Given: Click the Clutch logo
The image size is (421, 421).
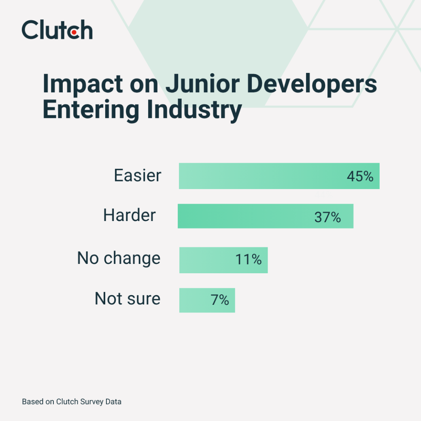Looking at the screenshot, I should click(57, 30).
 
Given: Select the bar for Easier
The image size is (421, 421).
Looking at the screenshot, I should click(279, 176).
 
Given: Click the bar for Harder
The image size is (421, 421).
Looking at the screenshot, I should click(265, 216).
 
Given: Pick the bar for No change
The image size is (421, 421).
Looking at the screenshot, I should click(223, 260).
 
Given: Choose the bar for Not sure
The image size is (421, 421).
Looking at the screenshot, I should click(207, 300).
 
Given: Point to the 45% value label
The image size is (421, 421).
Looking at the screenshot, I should click(360, 176).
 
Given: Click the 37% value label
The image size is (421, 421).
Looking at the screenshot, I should click(327, 217).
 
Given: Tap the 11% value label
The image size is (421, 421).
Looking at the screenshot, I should click(249, 259).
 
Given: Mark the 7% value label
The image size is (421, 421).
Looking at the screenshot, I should click(220, 300).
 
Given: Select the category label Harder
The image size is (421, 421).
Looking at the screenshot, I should click(129, 215).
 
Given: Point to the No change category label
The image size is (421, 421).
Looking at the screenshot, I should click(119, 258).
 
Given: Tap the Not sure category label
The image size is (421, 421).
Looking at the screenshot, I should click(128, 299).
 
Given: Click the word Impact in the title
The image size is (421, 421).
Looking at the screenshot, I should click(83, 84).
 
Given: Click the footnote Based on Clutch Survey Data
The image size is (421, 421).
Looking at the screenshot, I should click(72, 402).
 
